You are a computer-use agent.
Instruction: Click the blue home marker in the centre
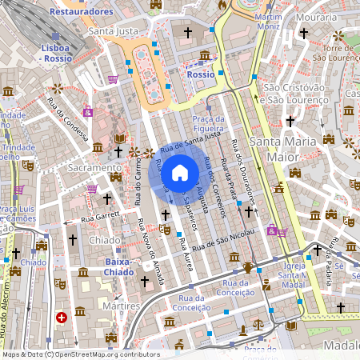(180, 172)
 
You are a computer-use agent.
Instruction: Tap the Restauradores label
(81, 12)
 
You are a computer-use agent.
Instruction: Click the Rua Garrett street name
(98, 215)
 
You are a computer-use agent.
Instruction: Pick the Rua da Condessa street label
(66, 118)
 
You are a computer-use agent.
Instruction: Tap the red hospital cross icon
(62, 318)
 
